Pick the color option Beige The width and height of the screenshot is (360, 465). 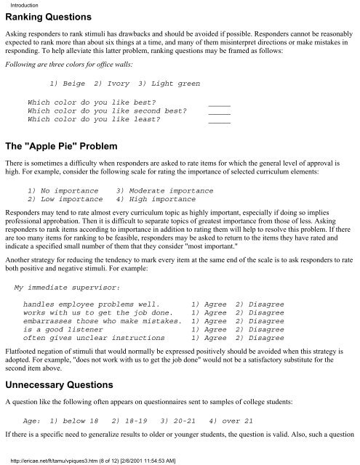(65, 84)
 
